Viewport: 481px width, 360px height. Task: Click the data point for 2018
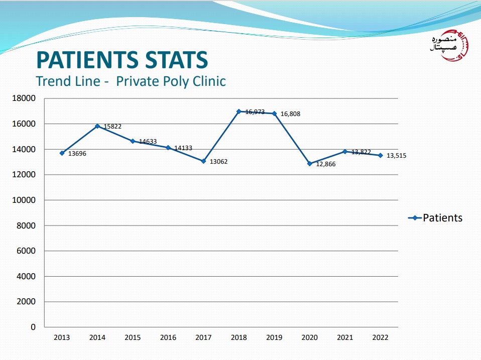[239, 111]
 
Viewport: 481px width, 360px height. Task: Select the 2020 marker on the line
[310, 164]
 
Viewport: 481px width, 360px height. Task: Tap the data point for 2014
[97, 126]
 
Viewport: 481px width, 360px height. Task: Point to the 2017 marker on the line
[203, 161]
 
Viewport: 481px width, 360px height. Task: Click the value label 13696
[77, 154]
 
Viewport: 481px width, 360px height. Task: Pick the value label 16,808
[290, 114]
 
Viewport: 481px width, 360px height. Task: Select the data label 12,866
[326, 165]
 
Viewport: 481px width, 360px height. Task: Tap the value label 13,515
[397, 156]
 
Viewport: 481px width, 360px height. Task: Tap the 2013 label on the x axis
[62, 338]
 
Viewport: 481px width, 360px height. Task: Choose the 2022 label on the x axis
[380, 338]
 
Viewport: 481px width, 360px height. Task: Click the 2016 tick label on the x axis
[168, 338]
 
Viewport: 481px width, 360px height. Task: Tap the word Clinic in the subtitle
[208, 81]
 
